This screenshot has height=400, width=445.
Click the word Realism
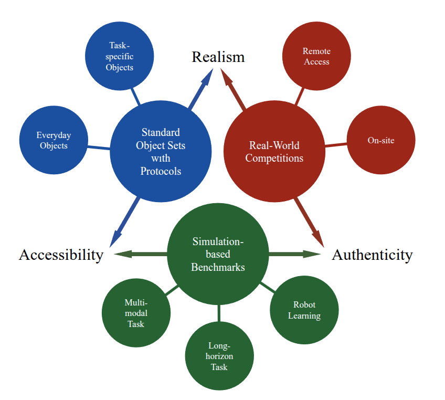coord(218,57)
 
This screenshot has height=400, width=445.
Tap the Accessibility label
coord(61,255)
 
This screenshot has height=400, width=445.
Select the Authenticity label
coord(372,255)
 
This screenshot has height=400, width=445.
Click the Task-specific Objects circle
coord(119,56)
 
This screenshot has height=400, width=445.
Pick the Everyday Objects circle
coord(54,140)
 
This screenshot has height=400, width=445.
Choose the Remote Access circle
coord(316,56)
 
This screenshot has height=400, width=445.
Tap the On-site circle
coord(381,140)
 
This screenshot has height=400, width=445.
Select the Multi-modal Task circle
coord(136,313)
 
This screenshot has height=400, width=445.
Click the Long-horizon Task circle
coord(219,356)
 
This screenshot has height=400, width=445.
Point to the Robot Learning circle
coord(304,310)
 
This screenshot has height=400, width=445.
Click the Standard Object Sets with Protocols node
coord(161,152)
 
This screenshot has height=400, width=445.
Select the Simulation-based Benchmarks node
coord(218,255)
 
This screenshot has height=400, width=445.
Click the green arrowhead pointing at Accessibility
coord(122,255)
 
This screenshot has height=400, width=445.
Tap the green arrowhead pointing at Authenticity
coord(313,255)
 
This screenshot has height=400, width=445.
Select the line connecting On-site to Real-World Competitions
coord(336,144)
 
